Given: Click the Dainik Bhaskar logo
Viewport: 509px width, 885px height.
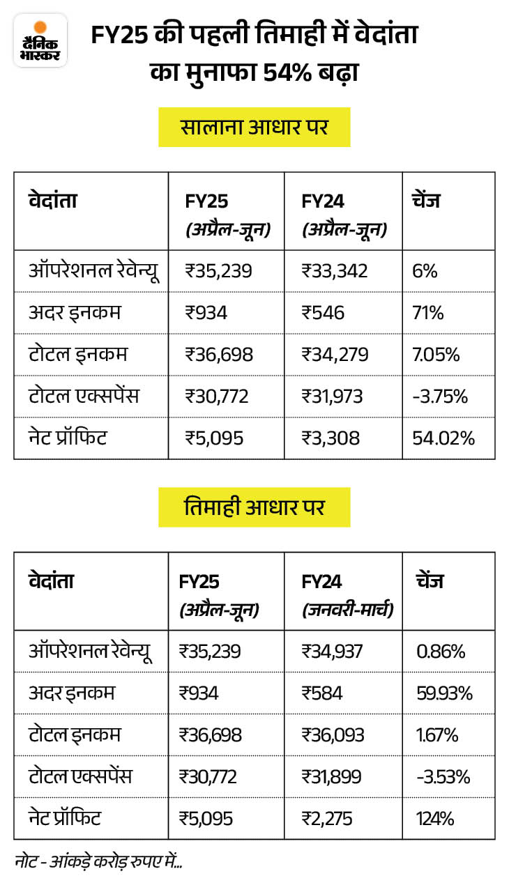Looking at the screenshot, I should (x=40, y=40).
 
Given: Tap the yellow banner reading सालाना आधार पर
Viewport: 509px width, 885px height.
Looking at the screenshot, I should (x=254, y=128).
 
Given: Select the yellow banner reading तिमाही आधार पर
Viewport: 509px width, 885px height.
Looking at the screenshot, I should (x=254, y=507).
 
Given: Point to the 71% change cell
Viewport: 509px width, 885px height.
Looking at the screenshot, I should (x=427, y=313).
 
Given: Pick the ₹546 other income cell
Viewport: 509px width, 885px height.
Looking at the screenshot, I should (x=323, y=313).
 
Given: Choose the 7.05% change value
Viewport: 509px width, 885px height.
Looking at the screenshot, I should (x=436, y=355).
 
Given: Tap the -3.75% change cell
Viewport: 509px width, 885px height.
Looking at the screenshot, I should (x=439, y=397).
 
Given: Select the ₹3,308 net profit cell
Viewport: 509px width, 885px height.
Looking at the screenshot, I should (x=331, y=438).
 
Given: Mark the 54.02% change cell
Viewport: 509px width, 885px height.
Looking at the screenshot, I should (x=443, y=438).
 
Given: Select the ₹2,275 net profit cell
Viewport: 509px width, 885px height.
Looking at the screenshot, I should (x=331, y=818).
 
